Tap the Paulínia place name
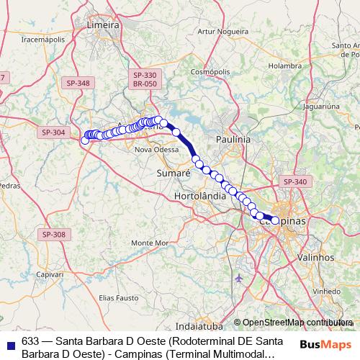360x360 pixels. click(x=233, y=138)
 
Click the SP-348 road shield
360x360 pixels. click(x=78, y=83)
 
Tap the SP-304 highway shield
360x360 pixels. click(x=53, y=132)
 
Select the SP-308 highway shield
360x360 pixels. click(x=53, y=235)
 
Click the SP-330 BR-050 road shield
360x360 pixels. click(x=145, y=79)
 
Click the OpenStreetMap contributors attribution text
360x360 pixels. click(x=297, y=323)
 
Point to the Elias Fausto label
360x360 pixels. click(x=117, y=297)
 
